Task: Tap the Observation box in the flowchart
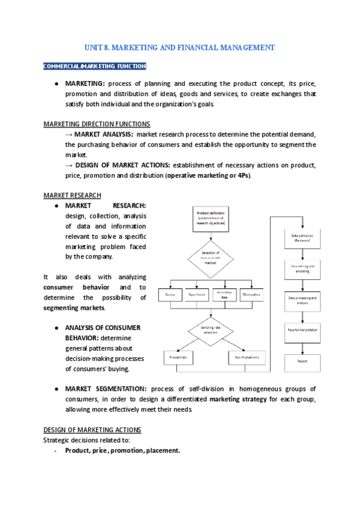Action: (x=251, y=295)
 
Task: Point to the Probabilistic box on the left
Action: (x=178, y=358)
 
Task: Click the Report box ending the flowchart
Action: (x=303, y=361)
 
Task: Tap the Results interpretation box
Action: (x=303, y=330)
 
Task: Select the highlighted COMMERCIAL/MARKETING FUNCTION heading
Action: (x=94, y=66)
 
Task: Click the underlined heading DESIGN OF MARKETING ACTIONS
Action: (x=92, y=430)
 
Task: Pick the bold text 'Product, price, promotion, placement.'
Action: (x=122, y=450)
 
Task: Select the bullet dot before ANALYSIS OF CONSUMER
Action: (x=56, y=328)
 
